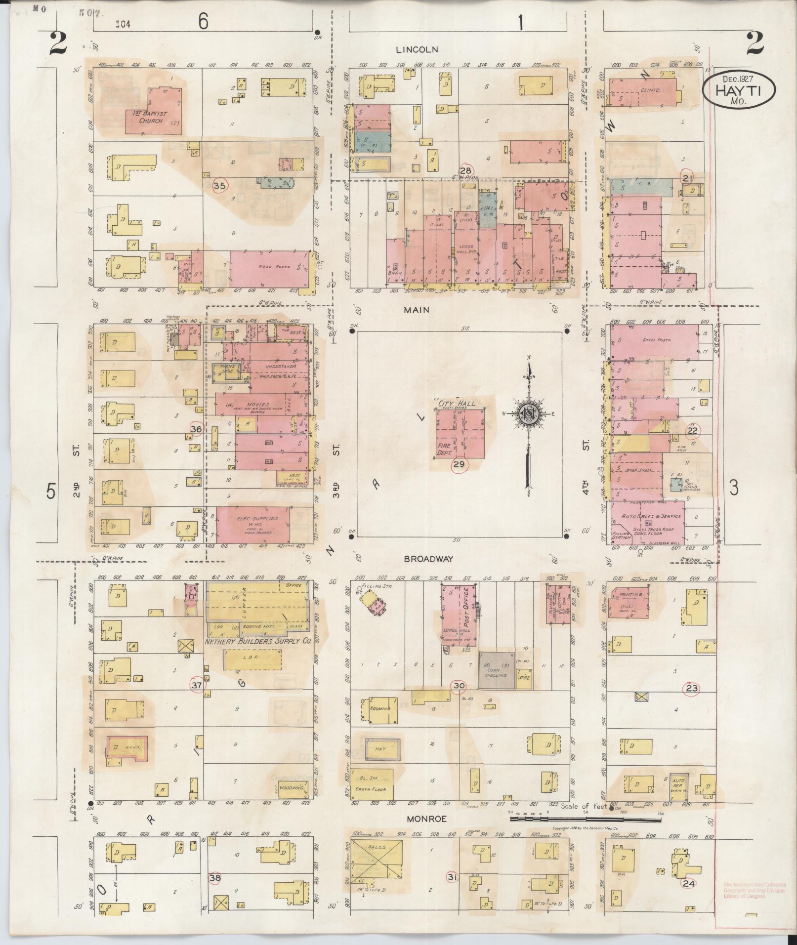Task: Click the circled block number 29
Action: click(459, 464)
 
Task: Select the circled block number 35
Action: click(220, 186)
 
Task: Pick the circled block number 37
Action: click(197, 685)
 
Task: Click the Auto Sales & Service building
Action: click(648, 521)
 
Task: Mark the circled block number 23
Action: click(691, 688)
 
